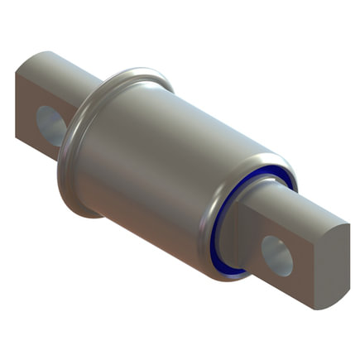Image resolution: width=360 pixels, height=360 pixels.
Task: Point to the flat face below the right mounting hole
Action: click(x=286, y=286)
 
